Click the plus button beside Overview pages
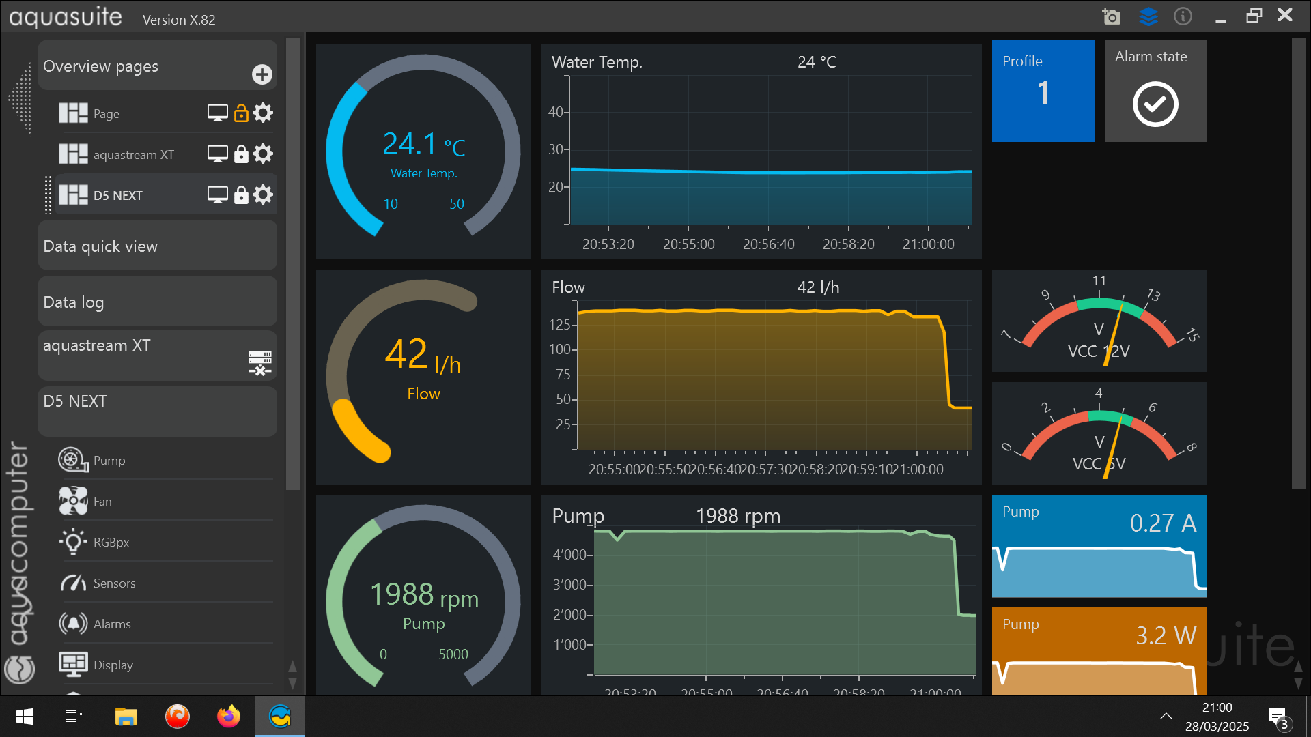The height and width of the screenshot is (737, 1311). click(262, 74)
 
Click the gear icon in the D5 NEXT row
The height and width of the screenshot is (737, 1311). click(263, 195)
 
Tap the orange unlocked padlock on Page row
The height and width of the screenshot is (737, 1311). click(241, 113)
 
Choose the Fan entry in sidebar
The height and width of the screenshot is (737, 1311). click(102, 502)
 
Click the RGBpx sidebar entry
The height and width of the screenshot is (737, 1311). click(111, 543)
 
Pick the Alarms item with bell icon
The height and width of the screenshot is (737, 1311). click(111, 624)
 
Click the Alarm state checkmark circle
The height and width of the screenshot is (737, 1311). click(1155, 104)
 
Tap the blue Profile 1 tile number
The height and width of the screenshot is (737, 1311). click(1043, 93)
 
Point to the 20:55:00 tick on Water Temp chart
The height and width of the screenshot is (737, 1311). click(688, 244)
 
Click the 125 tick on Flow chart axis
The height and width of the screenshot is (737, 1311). click(559, 325)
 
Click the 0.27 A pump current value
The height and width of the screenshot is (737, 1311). click(1163, 523)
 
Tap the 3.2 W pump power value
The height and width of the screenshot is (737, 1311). click(1166, 635)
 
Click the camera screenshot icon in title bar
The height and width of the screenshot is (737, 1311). click(1111, 16)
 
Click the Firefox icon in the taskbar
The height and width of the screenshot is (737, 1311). click(229, 717)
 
